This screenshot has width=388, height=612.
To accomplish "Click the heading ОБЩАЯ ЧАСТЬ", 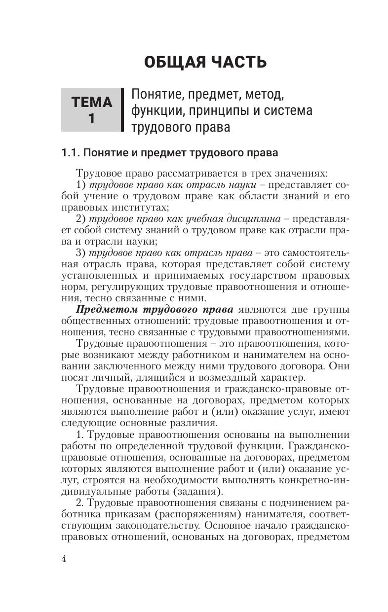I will (x=205, y=63).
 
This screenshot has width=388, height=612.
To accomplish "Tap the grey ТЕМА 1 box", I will (x=92, y=110).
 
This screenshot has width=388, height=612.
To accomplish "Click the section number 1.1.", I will (x=70, y=153).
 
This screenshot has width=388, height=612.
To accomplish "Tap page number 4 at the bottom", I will (x=63, y=558).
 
